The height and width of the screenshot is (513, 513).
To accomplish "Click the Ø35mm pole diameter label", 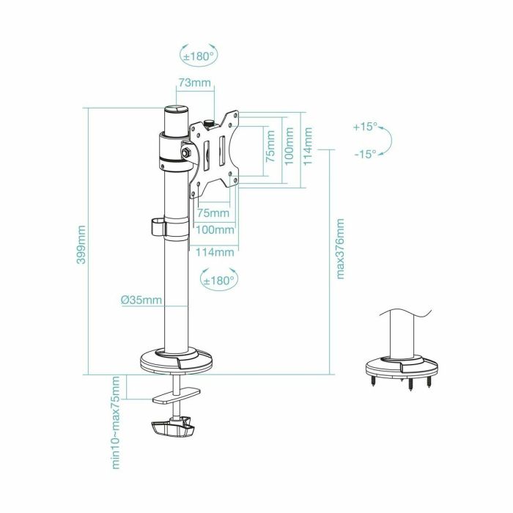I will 141,300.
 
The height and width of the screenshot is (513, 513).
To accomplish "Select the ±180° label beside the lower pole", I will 218,279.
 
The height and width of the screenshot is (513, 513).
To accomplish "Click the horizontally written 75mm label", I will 213,213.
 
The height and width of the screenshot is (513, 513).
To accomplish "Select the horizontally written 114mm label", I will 215,252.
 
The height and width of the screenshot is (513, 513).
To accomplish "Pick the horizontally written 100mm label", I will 215,230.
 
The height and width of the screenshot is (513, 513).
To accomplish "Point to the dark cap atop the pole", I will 176,119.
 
